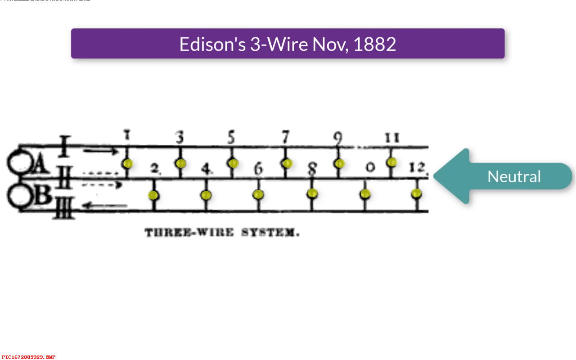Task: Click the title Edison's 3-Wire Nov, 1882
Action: [x=288, y=44]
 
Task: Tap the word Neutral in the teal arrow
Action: [x=514, y=176]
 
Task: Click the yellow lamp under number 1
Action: [x=128, y=163]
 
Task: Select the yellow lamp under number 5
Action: [x=233, y=163]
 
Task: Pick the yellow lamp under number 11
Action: [x=391, y=162]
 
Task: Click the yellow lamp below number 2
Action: [x=153, y=195]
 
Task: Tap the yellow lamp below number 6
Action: [x=258, y=194]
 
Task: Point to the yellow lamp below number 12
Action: [x=416, y=193]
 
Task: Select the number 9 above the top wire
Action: [x=338, y=138]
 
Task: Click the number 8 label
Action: [x=312, y=169]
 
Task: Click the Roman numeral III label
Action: [x=64, y=210]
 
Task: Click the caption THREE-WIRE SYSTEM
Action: [x=222, y=233]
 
